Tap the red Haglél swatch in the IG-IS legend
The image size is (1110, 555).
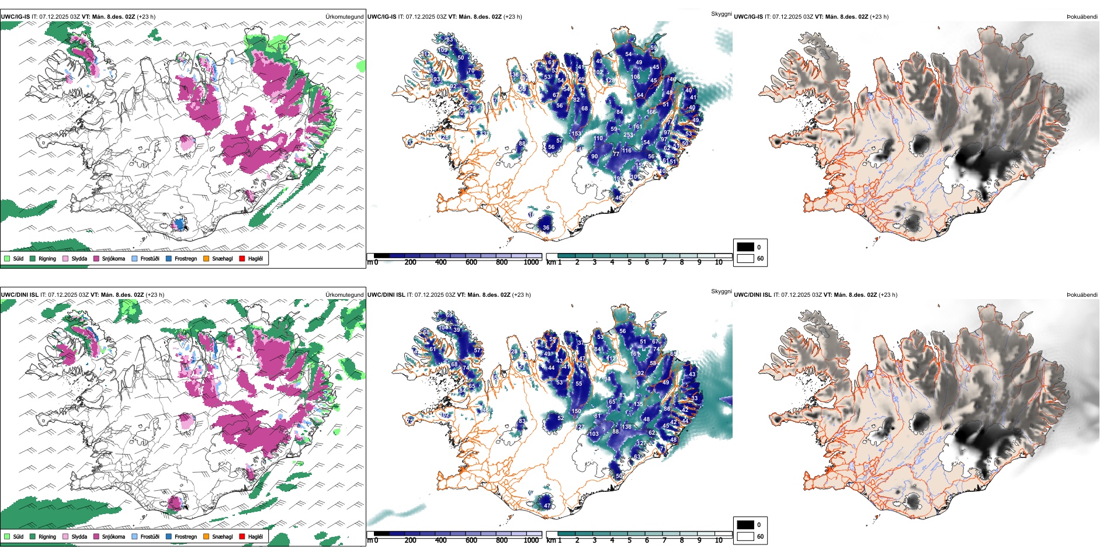click(x=242, y=258)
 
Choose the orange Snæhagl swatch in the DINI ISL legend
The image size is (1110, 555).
click(x=206, y=536)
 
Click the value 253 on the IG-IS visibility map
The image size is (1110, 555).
click(x=629, y=135)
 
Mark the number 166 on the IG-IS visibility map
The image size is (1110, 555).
click(x=651, y=112)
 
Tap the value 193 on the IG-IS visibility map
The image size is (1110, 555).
click(x=618, y=179)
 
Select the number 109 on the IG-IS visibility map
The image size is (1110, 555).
click(x=442, y=50)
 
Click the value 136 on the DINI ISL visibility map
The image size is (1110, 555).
click(x=627, y=427)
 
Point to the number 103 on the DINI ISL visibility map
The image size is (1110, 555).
click(x=594, y=434)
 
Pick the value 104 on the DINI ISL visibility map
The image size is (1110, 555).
click(x=444, y=328)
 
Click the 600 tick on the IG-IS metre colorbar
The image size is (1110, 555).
click(x=471, y=262)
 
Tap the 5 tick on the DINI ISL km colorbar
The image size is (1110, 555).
click(x=629, y=540)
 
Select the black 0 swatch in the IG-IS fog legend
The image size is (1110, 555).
click(x=745, y=247)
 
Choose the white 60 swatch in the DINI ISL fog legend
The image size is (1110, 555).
click(x=745, y=536)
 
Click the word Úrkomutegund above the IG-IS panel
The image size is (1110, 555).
click(x=344, y=17)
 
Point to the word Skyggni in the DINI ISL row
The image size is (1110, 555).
click(x=721, y=291)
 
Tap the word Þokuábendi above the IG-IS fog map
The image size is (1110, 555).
click(x=1082, y=17)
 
